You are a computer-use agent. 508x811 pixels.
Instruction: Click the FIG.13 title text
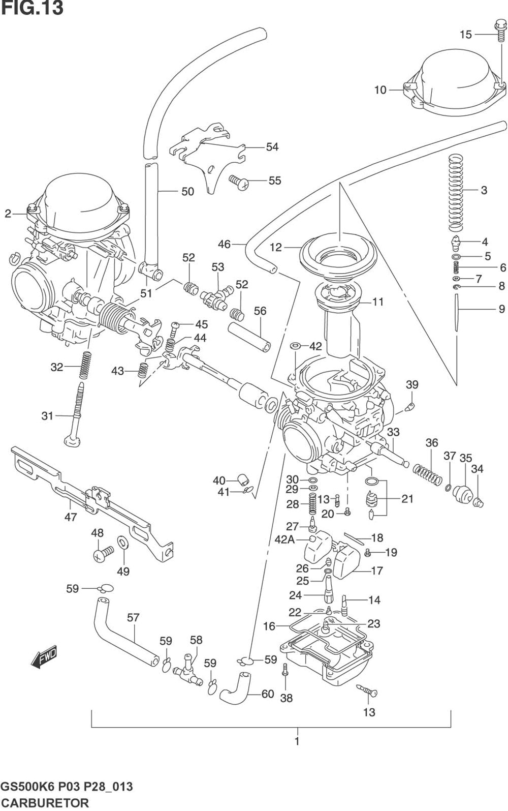[32, 8]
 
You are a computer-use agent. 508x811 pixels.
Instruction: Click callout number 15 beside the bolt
[466, 35]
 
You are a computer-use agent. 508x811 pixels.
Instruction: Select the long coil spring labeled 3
[456, 193]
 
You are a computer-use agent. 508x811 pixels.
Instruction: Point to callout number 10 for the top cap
[380, 90]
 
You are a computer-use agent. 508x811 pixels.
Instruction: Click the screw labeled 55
[239, 182]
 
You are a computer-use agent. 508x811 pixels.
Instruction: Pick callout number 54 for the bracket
[272, 147]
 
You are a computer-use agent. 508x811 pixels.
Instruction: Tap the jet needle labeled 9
[457, 313]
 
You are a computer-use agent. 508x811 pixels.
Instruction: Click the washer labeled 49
[122, 544]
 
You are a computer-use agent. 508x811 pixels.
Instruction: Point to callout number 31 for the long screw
[47, 416]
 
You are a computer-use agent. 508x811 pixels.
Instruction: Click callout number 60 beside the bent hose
[267, 694]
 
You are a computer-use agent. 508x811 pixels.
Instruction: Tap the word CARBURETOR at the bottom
[44, 802]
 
